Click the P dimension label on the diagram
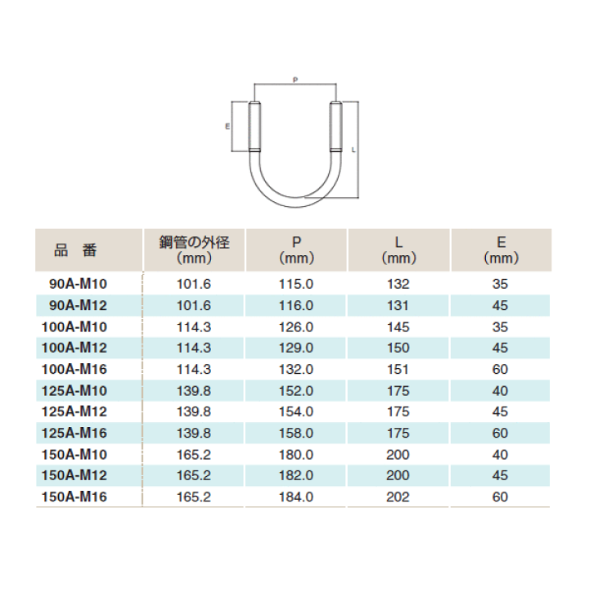[x=295, y=79]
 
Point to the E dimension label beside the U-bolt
[x=227, y=127]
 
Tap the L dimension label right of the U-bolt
[x=353, y=150]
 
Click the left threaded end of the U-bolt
[x=254, y=127]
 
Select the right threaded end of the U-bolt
[x=336, y=127]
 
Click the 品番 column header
[x=75, y=250]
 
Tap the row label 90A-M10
[x=79, y=284]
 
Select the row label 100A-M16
[x=74, y=369]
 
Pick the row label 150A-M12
[x=74, y=475]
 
